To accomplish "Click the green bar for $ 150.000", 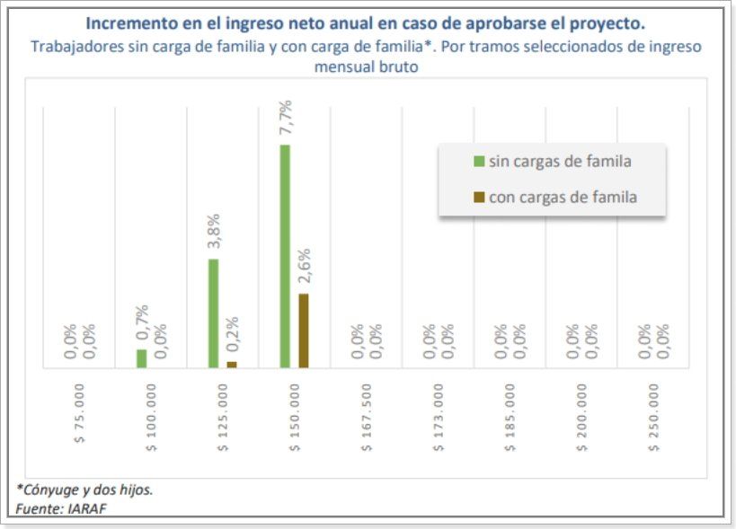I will pos(285,256).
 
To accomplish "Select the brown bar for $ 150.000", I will pos(303,331).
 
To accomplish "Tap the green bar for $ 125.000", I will pos(213,313).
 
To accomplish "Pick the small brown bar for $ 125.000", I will pos(232,364).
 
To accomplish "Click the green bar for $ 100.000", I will pos(141,357).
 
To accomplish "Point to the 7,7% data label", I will pos(285,118).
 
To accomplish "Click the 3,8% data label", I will pos(214,232).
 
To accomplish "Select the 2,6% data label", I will pos(304,267).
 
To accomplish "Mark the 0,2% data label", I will pos(232,334).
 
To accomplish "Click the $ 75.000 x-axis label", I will pos(79,414).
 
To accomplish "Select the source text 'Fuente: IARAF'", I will pos(56,509).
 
